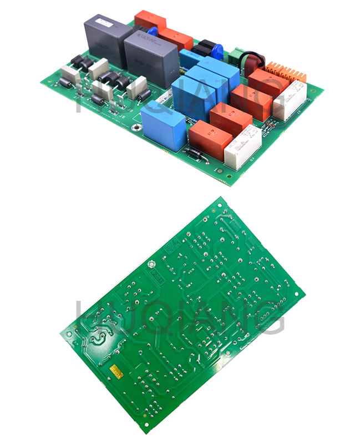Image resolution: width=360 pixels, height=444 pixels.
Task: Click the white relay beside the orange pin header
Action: [x=291, y=99]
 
